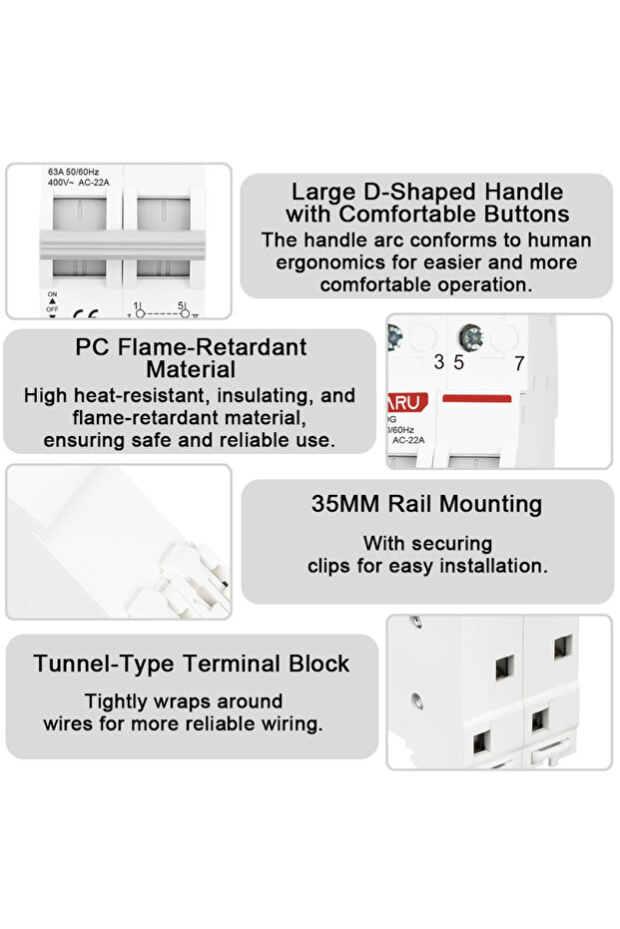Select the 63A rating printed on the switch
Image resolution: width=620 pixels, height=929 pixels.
57,172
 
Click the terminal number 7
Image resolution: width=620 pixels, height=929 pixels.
518,363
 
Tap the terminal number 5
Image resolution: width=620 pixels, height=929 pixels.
458,363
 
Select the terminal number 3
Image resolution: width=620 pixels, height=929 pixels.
438,363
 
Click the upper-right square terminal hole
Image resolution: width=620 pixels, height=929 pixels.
562,645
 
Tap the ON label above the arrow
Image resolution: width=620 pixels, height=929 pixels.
52,294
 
